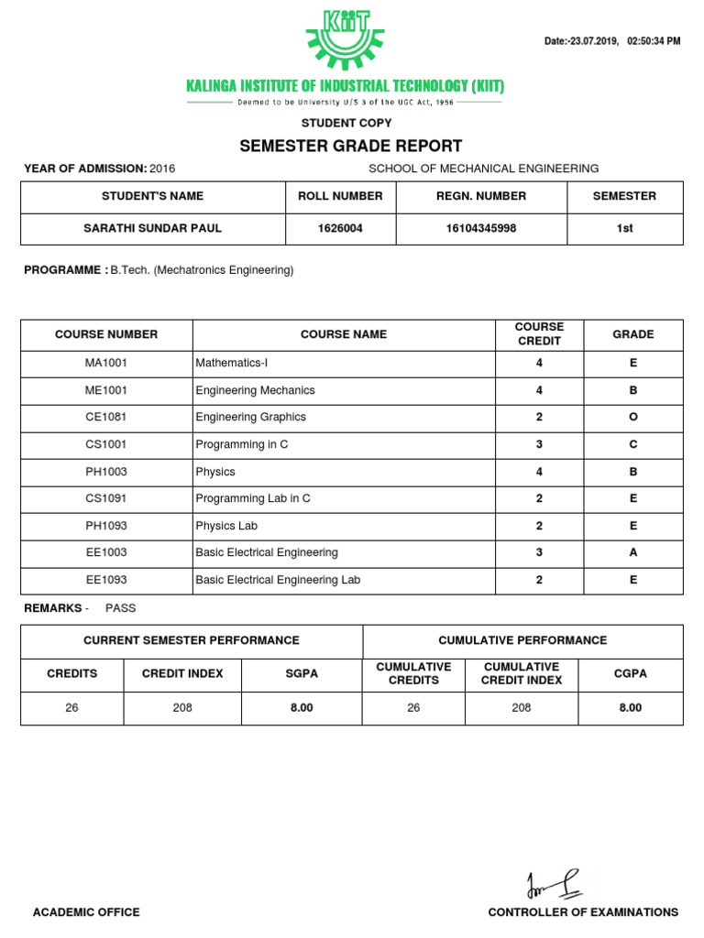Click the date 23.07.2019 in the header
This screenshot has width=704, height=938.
[594, 42]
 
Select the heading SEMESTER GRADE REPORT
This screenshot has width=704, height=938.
[350, 147]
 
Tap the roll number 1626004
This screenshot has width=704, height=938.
[340, 228]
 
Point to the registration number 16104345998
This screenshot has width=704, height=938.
[481, 228]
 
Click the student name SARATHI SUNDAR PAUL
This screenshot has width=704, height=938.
[152, 228]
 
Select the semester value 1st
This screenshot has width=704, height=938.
[624, 228]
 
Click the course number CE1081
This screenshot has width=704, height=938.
[106, 417]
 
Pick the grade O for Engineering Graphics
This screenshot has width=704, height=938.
[632, 417]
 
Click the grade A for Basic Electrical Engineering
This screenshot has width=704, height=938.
[632, 552]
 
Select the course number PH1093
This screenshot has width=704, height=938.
[106, 526]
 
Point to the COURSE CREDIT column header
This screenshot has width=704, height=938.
[539, 334]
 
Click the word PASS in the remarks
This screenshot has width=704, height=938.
[120, 607]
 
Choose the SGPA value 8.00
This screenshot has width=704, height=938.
[302, 708]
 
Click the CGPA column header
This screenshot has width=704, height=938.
[630, 673]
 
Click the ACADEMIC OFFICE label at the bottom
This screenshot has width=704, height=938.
[86, 912]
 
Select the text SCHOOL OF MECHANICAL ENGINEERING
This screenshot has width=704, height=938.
[483, 169]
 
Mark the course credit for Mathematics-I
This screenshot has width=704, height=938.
[539, 363]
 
